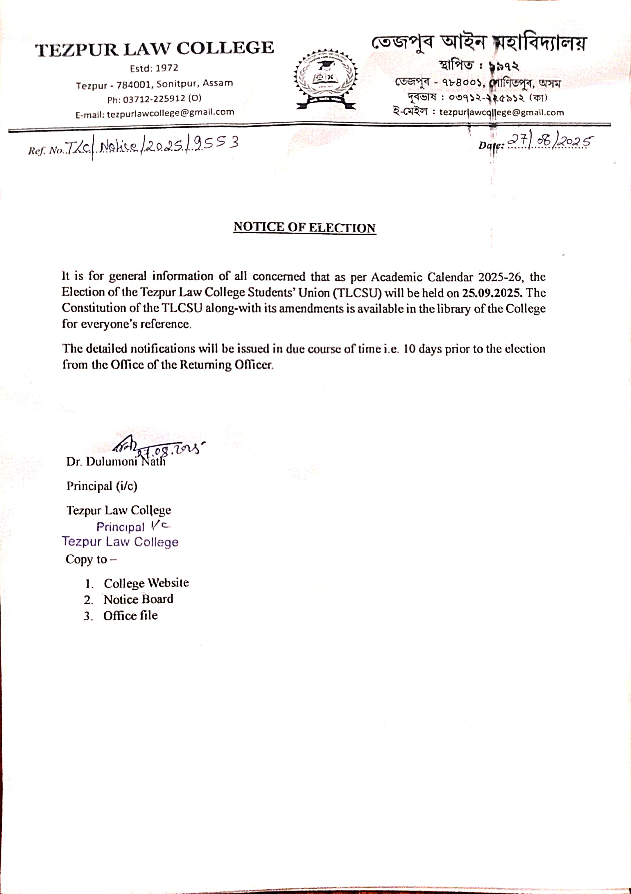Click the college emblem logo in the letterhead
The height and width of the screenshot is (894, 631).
[x=326, y=79]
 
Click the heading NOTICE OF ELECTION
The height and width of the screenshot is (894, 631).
[x=304, y=227]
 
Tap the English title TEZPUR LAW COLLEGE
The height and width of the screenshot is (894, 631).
[x=155, y=49]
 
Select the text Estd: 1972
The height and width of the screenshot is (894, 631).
[x=154, y=69]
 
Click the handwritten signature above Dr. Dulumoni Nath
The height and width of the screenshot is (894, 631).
[x=156, y=448]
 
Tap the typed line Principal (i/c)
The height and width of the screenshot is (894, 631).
[x=102, y=486]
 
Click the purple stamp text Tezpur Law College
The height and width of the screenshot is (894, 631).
[x=120, y=542]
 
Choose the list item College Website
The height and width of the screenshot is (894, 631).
[x=146, y=583]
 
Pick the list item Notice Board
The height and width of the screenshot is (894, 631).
[x=138, y=599]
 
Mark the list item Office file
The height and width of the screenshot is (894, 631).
[x=130, y=615]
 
